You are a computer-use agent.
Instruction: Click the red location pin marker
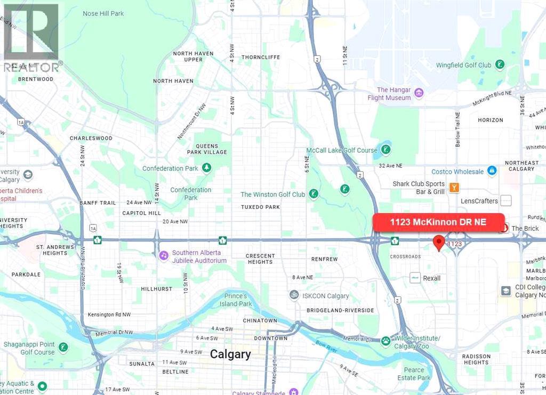[438, 242]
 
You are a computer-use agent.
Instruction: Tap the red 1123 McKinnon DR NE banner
[438, 222]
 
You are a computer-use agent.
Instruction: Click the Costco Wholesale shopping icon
[492, 171]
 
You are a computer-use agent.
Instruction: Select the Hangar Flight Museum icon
[419, 94]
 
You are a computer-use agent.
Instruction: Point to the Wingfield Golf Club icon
[500, 65]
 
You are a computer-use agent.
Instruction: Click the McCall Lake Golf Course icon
[385, 150]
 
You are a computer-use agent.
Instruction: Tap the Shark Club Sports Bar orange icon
[454, 187]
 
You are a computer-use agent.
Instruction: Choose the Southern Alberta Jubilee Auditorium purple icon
[164, 256]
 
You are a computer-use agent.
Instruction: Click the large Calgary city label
[230, 354]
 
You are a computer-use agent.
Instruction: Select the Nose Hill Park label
[103, 13]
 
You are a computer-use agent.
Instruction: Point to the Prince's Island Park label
[237, 300]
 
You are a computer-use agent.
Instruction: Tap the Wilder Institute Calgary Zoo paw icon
[386, 341]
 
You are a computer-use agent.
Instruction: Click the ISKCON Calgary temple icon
[293, 295]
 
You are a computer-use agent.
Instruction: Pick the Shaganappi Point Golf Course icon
[63, 348]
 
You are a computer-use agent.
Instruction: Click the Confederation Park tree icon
[206, 168]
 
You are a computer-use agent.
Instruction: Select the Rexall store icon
[415, 278]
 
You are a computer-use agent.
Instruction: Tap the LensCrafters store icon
[506, 200]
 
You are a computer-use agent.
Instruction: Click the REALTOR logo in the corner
[31, 37]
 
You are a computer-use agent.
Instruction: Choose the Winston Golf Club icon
[314, 194]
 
